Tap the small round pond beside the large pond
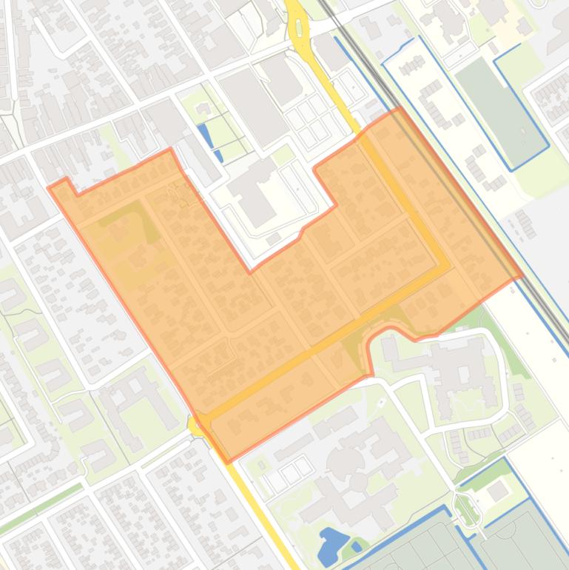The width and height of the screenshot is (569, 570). point(357,547)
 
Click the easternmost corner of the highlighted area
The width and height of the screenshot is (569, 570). point(522,275)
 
